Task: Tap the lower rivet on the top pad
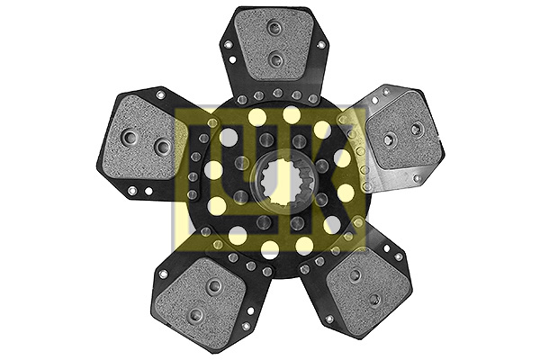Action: tap(275, 60)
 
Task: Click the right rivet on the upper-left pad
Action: tap(161, 146)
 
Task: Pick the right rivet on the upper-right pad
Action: tap(416, 129)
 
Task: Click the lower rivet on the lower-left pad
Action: tap(193, 312)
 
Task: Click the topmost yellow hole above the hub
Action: tap(291, 114)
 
